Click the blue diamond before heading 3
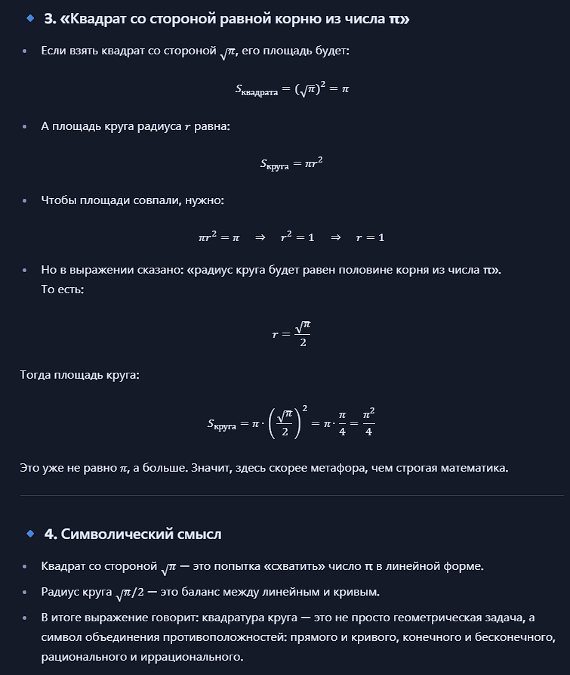coord(30,19)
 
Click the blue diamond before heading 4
coord(30,534)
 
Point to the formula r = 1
coord(370,237)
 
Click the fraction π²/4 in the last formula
coord(368,423)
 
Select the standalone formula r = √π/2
coord(291,333)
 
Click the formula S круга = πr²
coord(291,163)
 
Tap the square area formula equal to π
coord(291,89)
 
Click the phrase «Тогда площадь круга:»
coord(79,375)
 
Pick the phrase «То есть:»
coord(63,289)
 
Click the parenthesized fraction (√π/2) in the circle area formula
coord(284,423)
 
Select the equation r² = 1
coord(297,237)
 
